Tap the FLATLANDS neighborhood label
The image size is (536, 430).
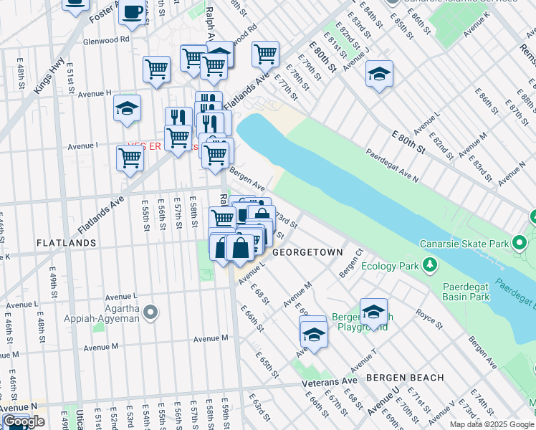pos(67,243)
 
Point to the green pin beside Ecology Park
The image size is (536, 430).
pos(429,266)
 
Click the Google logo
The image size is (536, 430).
pos(24,421)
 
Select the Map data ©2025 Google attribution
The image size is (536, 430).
pos(492,424)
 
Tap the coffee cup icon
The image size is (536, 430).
pos(133,12)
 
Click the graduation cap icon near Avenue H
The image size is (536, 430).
pos(128,108)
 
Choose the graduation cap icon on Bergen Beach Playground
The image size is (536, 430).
pos(373,311)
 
